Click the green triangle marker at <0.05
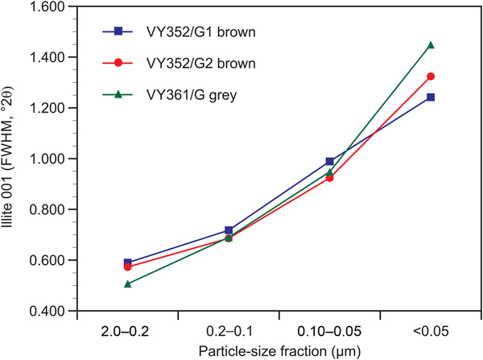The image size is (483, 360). coord(431,45)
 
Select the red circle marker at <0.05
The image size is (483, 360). coord(431,77)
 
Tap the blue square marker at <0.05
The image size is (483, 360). coord(431,97)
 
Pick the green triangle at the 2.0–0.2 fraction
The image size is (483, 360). coord(127,283)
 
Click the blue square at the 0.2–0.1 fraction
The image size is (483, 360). coord(229,231)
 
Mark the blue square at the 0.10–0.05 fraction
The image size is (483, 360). coord(330,162)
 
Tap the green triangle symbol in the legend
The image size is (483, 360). coord(118,93)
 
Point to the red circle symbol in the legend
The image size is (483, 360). coord(118,62)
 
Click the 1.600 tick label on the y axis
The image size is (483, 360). coord(49,7)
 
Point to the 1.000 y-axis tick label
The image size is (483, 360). coord(49,159)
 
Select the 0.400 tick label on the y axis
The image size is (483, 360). coord(49,312)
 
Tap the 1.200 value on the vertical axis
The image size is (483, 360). coord(49,109)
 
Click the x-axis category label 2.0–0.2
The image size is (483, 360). coord(127,330)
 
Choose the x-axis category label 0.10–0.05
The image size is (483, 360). coord(330,330)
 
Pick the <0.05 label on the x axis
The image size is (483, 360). coord(431,330)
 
